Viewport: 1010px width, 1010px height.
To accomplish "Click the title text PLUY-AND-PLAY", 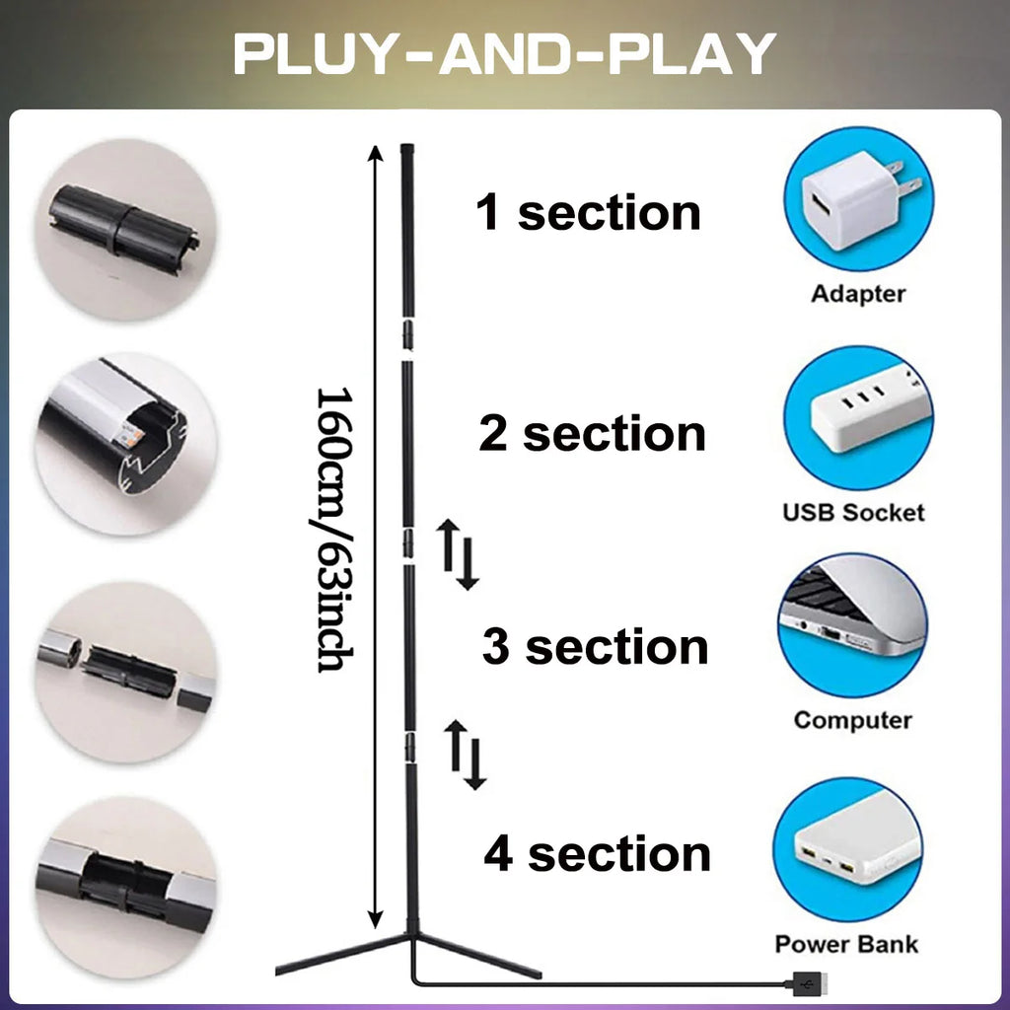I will pyautogui.click(x=504, y=54).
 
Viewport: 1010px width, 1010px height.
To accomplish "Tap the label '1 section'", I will pyautogui.click(x=589, y=213).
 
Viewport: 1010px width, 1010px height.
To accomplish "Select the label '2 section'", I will pyautogui.click(x=593, y=434).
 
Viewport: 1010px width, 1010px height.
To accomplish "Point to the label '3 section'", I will pyautogui.click(x=595, y=647).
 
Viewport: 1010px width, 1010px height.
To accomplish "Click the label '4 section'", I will pyautogui.click(x=597, y=854).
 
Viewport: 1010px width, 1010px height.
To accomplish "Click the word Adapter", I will pyautogui.click(x=858, y=293).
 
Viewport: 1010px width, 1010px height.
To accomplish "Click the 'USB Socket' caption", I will pyautogui.click(x=854, y=512).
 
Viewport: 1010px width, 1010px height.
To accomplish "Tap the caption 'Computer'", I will pyautogui.click(x=852, y=719).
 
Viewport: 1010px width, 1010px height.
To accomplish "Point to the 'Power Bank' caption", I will pyautogui.click(x=846, y=944).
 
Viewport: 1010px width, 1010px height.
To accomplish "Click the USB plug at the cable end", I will pyautogui.click(x=806, y=982).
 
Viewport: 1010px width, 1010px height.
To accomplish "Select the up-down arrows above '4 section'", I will pyautogui.click(x=467, y=755).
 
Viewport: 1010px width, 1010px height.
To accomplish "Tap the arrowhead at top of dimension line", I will pyautogui.click(x=374, y=152).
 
